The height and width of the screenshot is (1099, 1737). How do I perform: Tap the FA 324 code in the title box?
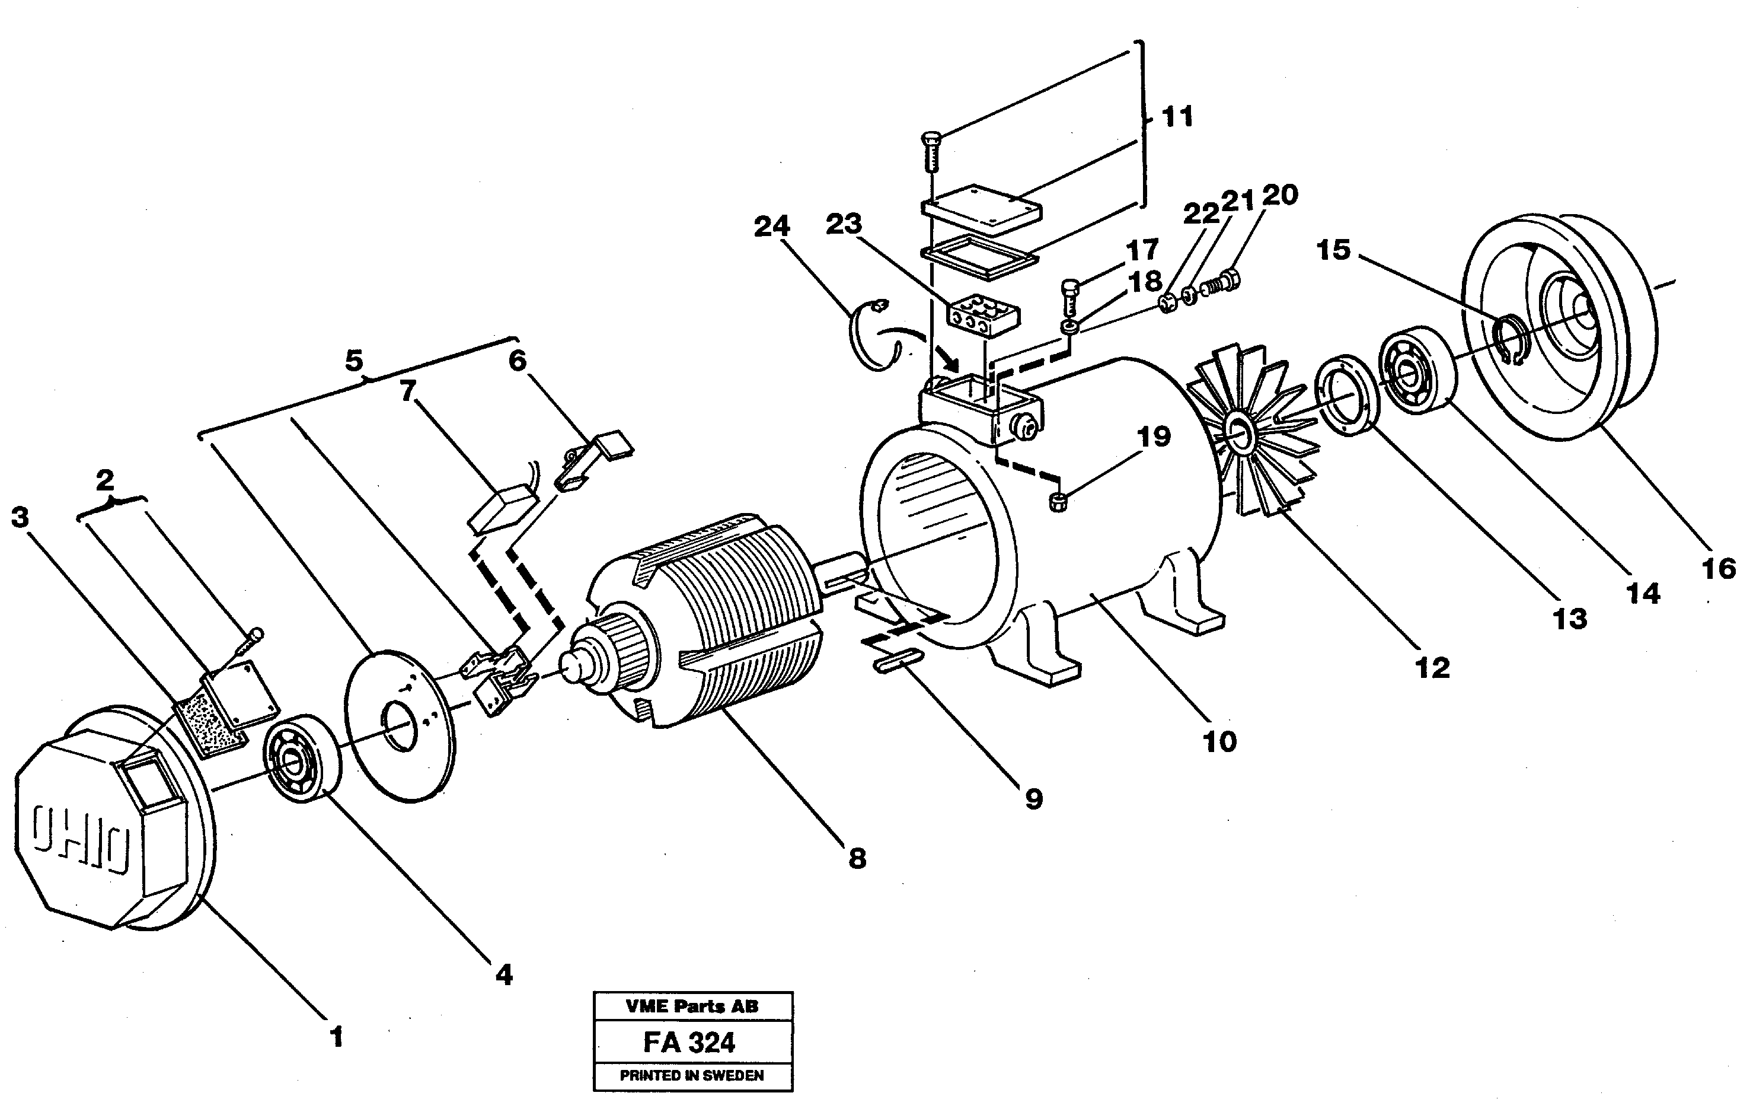tap(689, 1043)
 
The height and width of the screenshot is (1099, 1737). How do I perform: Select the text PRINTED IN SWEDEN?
tap(692, 1075)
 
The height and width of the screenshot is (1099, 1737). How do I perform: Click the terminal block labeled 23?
tap(981, 316)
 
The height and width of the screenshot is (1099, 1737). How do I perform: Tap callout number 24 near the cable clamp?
tap(771, 226)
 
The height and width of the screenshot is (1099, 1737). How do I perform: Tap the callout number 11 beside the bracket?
tap(1177, 116)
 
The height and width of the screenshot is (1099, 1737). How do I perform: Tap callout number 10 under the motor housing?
tap(1219, 741)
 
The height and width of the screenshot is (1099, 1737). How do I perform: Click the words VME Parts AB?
tap(692, 1006)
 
